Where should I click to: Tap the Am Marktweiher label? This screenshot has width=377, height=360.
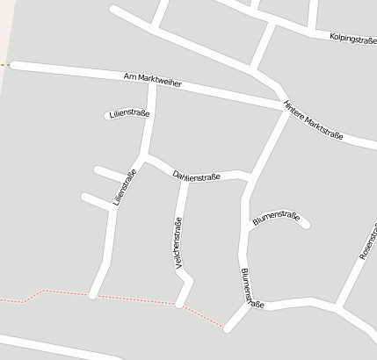pos(153,82)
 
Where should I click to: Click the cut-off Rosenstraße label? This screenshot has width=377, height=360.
pos(368,242)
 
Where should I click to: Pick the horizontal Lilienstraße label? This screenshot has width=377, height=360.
pos(127,114)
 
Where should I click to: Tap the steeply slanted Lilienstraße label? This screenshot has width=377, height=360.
pos(124,186)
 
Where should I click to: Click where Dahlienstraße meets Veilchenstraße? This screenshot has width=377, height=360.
pos(183,179)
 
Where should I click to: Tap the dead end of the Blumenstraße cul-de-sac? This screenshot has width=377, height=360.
pos(306,226)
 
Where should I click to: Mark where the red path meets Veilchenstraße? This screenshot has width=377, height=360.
pos(180,304)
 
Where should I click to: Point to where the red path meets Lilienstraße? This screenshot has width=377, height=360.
pos(93,295)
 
